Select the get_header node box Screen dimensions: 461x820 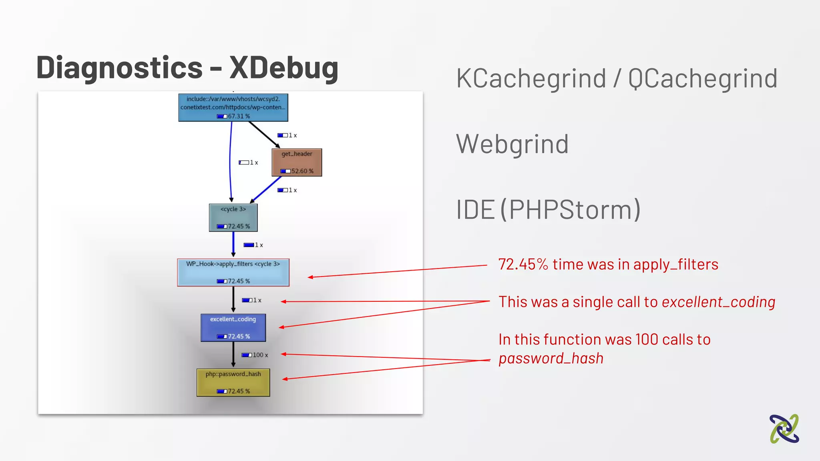(297, 162)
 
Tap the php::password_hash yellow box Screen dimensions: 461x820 (233, 383)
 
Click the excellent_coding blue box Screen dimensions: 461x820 (233, 327)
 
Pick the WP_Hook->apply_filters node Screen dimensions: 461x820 (233, 273)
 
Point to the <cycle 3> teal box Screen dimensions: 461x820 (233, 217)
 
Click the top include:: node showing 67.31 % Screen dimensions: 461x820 (233, 107)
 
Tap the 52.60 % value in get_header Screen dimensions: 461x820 (302, 171)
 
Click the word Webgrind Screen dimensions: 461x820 (512, 144)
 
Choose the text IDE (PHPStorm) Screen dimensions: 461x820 (548, 210)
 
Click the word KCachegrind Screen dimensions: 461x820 (531, 78)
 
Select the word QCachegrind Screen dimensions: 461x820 (703, 78)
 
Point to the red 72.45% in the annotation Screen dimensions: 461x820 (523, 265)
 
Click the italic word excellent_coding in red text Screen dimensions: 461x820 (718, 302)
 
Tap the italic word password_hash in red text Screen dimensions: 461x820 (551, 359)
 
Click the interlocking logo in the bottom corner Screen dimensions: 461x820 (784, 429)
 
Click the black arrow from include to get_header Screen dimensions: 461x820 (264, 134)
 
